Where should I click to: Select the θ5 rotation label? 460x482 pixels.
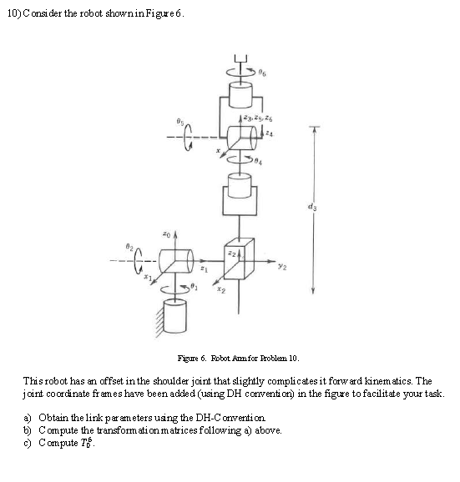[x=177, y=120]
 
